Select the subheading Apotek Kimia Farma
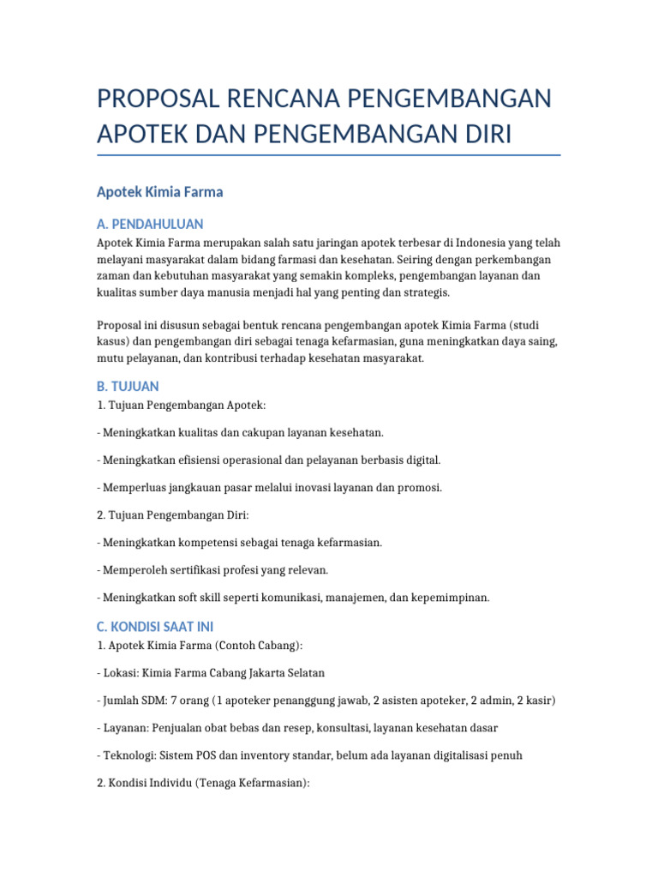click(160, 192)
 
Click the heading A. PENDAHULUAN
click(151, 225)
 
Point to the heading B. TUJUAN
click(129, 387)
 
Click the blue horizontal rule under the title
click(329, 156)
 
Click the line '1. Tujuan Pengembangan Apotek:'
click(188, 405)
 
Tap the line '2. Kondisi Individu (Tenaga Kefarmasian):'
click(203, 783)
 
